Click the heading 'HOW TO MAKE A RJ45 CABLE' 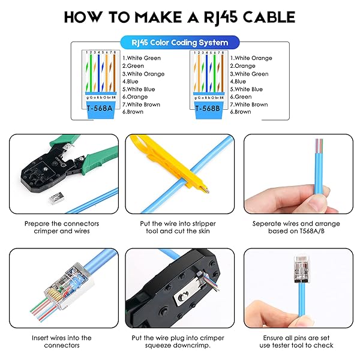coord(180,16)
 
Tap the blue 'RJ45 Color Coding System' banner coord(180,43)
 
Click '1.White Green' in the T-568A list coord(142,58)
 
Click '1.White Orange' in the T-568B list coord(254,58)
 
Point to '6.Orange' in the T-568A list coord(136,97)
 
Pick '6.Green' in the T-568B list coord(246,97)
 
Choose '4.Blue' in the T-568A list coord(133,82)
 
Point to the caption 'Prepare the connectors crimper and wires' coord(62,227)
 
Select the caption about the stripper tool coord(179,227)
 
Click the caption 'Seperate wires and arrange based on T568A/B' coord(297,227)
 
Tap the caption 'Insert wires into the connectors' coord(62,341)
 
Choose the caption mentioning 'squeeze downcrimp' coord(179,341)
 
